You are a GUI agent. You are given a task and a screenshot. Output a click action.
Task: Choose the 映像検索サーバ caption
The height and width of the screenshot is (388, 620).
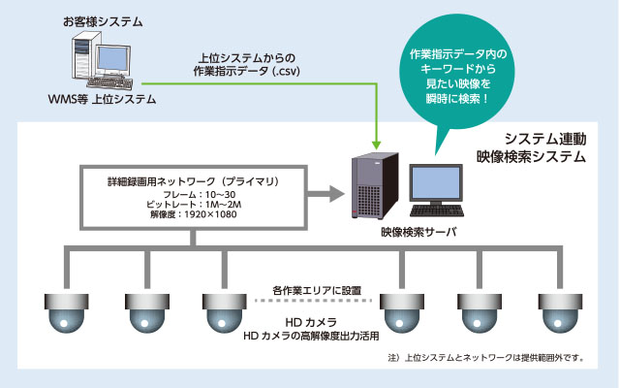click(413, 233)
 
